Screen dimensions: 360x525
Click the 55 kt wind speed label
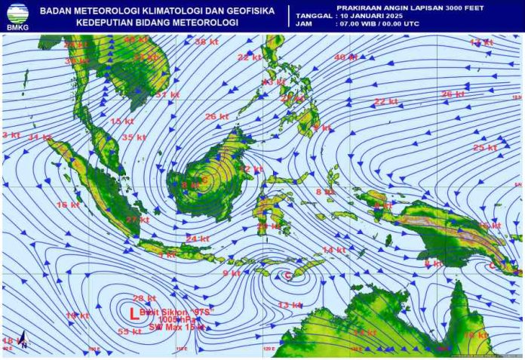(x=130, y=331)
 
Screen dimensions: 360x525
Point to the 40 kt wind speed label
(x=345, y=57)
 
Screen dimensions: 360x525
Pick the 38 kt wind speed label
(x=205, y=42)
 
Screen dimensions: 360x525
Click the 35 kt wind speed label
(x=134, y=137)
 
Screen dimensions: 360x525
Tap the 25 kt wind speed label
(x=484, y=147)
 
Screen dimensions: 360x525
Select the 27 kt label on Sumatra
(x=137, y=220)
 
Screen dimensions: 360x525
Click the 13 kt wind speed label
(x=290, y=305)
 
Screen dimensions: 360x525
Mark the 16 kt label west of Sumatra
(x=68, y=205)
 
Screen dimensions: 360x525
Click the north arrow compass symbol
(x=23, y=343)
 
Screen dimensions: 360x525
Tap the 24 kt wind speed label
(x=198, y=238)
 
